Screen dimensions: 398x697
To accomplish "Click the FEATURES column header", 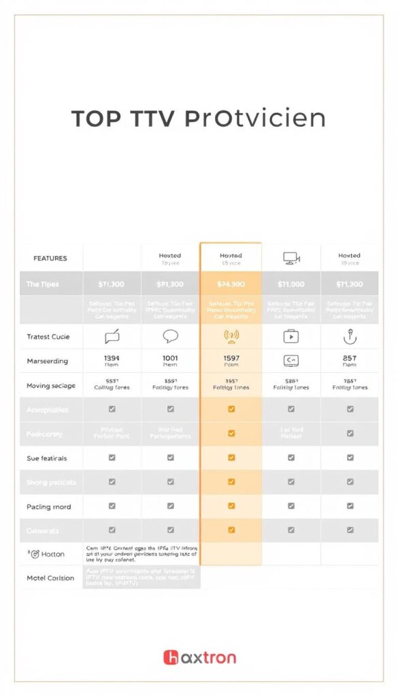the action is coord(50,259).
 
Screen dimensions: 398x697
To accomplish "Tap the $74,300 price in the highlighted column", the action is coord(231,284).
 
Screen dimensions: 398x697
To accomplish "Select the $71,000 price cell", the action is coord(291,284).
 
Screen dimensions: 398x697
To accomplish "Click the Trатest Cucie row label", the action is coord(48,337).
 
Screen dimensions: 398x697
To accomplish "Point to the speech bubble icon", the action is coord(170,336).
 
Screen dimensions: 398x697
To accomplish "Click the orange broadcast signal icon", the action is coord(231,336).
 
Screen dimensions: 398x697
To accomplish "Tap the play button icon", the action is coord(291,336).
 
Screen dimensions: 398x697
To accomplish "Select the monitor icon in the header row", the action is coord(291,259).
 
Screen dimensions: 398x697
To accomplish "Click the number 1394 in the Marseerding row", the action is coord(112,357).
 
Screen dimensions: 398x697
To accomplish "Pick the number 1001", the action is coord(170,357).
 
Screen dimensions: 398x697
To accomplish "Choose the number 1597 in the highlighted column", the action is coord(231,357).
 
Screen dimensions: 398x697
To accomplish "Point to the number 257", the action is coord(350,357).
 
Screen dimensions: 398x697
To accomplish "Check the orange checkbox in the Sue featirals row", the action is coord(231,458).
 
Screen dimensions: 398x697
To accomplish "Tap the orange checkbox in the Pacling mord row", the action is coord(231,506).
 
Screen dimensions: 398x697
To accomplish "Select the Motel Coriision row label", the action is coord(50,578).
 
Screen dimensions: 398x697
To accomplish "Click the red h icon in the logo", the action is coord(170,658).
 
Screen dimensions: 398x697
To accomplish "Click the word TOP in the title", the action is coord(97,118).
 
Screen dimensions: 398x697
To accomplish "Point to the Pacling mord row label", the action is coord(49,506).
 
